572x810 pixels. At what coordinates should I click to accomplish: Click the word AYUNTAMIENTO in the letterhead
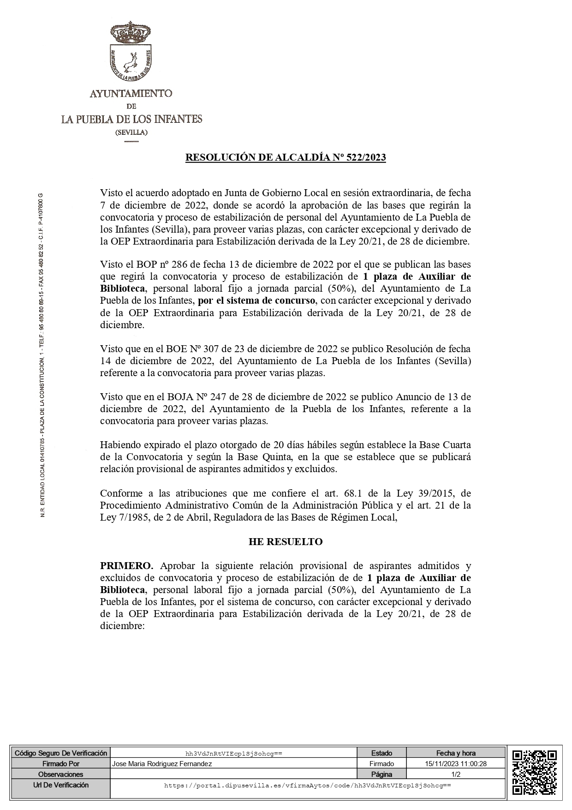131,93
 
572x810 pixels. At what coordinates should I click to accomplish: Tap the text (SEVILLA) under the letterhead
131,132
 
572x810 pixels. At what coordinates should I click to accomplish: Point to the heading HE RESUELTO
286,541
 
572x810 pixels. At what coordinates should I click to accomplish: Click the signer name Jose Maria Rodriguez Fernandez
162,764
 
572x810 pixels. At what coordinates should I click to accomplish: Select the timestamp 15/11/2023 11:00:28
456,764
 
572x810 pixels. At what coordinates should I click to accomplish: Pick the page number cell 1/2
456,774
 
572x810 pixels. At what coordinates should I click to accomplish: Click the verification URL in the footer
307,785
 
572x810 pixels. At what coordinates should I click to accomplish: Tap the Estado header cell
381,753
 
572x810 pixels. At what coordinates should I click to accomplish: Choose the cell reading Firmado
381,764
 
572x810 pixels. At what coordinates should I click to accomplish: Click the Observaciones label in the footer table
60,774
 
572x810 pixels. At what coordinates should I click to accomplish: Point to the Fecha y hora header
456,753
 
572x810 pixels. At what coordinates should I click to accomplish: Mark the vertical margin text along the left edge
43,355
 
